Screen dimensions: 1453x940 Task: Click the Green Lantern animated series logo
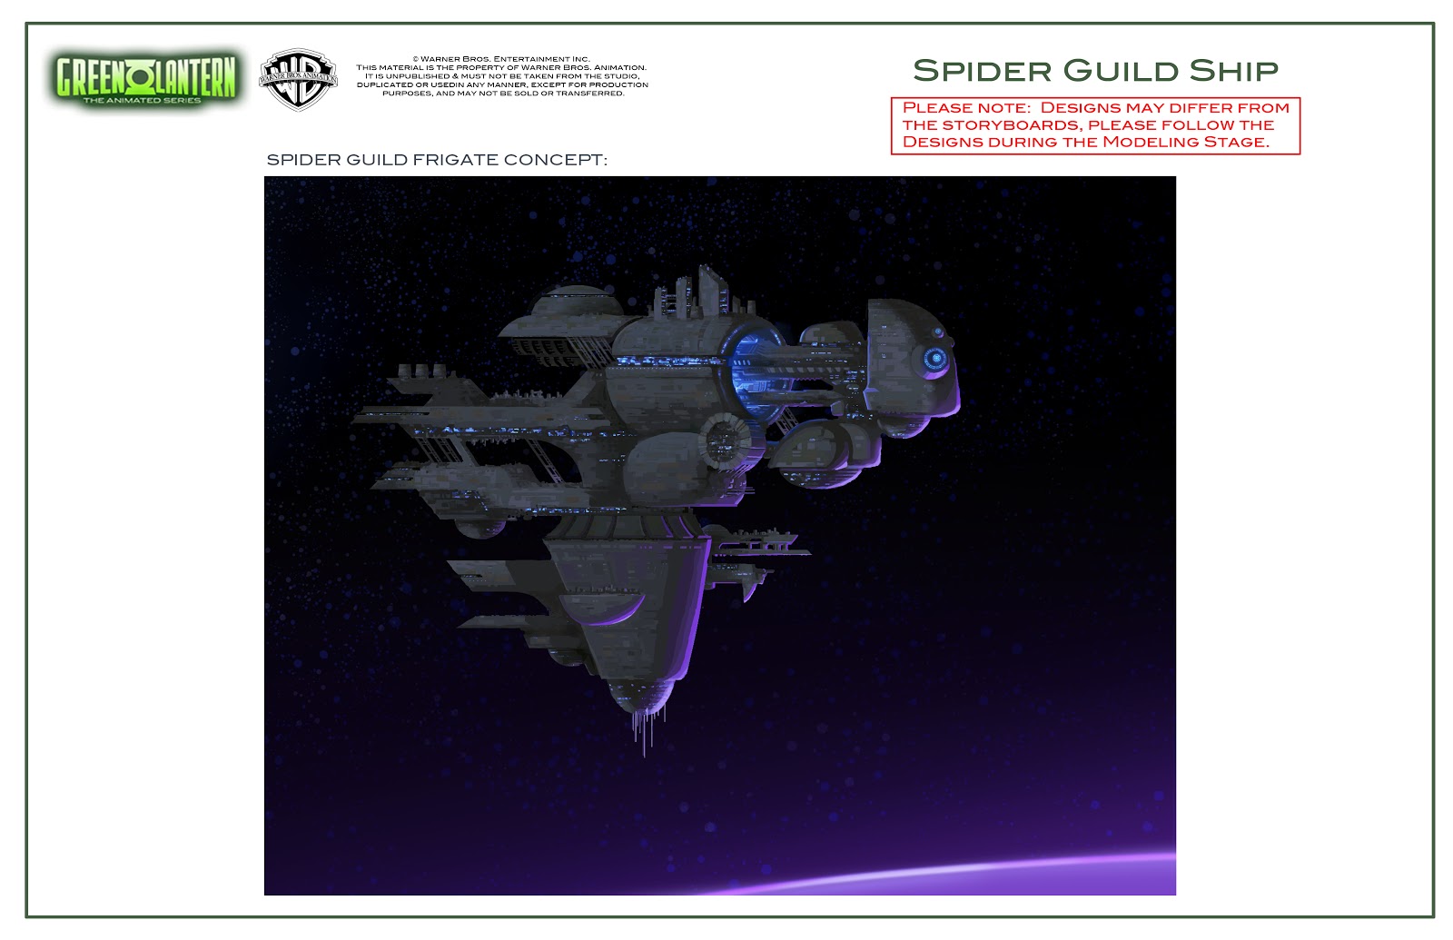point(145,79)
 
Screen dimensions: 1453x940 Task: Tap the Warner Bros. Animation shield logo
point(299,79)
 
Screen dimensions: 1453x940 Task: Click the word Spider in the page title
point(982,71)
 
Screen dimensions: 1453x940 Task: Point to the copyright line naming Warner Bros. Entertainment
point(501,59)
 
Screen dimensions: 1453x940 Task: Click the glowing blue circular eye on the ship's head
point(934,358)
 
